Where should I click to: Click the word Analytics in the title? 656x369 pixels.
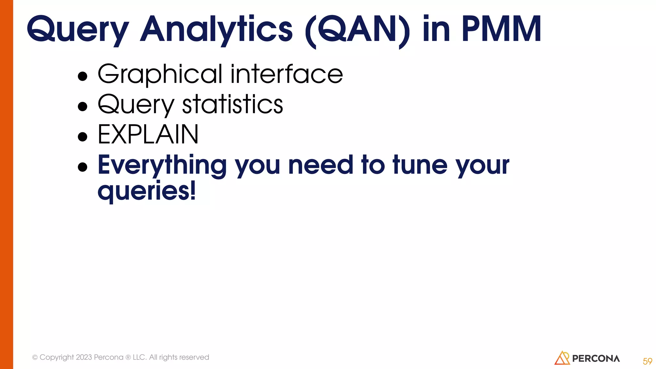click(216, 29)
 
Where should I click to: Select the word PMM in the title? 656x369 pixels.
click(501, 29)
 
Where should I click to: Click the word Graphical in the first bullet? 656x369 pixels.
click(160, 74)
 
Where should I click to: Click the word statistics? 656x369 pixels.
click(233, 104)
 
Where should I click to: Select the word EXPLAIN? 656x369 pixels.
click(148, 135)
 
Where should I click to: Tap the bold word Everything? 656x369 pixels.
click(162, 165)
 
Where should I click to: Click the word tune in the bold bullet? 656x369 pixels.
click(420, 165)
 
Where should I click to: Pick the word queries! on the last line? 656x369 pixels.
click(146, 191)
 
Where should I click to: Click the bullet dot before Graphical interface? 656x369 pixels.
click(83, 76)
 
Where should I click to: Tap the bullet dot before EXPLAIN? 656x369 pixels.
click(83, 137)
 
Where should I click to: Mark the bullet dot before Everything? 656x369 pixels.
click(83, 167)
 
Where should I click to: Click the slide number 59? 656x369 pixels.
click(647, 361)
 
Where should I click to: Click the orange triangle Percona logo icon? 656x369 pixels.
click(562, 358)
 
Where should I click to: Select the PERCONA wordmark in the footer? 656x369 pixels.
click(596, 359)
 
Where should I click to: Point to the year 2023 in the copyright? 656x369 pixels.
click(84, 357)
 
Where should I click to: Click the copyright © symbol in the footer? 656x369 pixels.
click(35, 357)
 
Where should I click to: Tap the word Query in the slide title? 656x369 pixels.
click(78, 29)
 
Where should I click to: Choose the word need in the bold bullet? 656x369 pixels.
click(321, 165)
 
